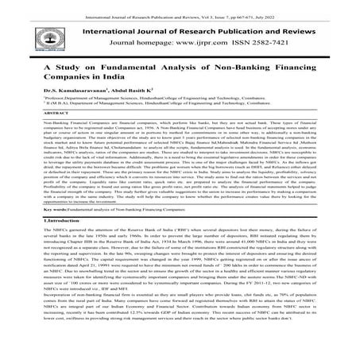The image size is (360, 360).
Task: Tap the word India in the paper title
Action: [x=108, y=87]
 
